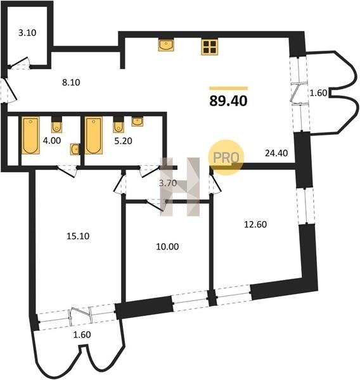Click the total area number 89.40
coord(228,101)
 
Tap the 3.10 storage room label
coord(27,32)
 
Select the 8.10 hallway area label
coord(71,82)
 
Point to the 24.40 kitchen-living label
coord(276,153)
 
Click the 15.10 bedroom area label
coord(78,236)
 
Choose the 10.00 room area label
coord(167,246)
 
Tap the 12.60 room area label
coord(255,224)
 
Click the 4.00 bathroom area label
coord(52,141)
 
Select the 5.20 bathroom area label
coord(123,141)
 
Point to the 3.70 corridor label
coord(167,183)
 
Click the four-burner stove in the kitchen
coord(209,46)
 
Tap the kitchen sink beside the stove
coord(166,45)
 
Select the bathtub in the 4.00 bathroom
coord(31,136)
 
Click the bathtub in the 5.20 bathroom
coord(94,136)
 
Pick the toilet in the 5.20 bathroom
coord(119,125)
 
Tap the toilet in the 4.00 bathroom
coord(56,125)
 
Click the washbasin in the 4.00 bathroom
coord(75,149)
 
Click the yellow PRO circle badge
coord(226,157)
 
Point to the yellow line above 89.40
coord(229,88)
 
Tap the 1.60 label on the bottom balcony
coord(82,334)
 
